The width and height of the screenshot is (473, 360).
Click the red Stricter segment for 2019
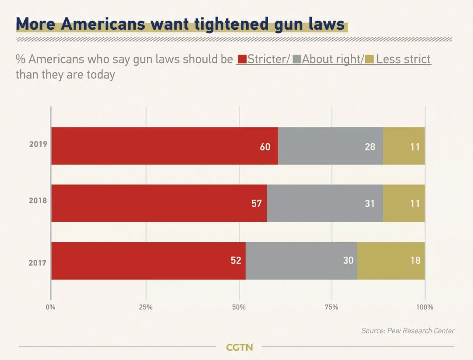pyautogui.click(x=164, y=146)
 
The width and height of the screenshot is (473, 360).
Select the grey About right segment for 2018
pyautogui.click(x=325, y=203)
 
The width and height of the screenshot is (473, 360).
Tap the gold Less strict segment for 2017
pyautogui.click(x=391, y=261)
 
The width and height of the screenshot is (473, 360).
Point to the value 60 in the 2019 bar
pyautogui.click(x=265, y=147)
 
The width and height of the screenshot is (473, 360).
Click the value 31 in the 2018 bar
pyautogui.click(x=370, y=204)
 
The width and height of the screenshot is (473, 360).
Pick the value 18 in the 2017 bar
pyautogui.click(x=415, y=261)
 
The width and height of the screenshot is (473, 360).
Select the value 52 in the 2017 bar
pyautogui.click(x=236, y=261)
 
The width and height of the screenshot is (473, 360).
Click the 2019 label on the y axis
pyautogui.click(x=38, y=144)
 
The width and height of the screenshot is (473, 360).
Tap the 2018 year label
pyautogui.click(x=38, y=201)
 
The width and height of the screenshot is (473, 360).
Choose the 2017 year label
pyautogui.click(x=38, y=263)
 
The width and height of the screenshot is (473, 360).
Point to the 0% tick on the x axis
pyautogui.click(x=51, y=307)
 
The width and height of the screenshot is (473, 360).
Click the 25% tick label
pyautogui.click(x=146, y=307)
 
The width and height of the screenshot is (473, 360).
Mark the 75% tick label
pyautogui.click(x=332, y=307)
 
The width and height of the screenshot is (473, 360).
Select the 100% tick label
pyautogui.click(x=424, y=307)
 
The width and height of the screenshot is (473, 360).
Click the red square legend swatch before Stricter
pyautogui.click(x=241, y=60)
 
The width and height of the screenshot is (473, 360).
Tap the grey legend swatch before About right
pyautogui.click(x=297, y=60)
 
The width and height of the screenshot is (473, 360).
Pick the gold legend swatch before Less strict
pyautogui.click(x=369, y=60)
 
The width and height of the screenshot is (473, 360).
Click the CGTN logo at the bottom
pyautogui.click(x=239, y=347)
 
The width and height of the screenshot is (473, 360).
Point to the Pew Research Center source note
pyautogui.click(x=408, y=331)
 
